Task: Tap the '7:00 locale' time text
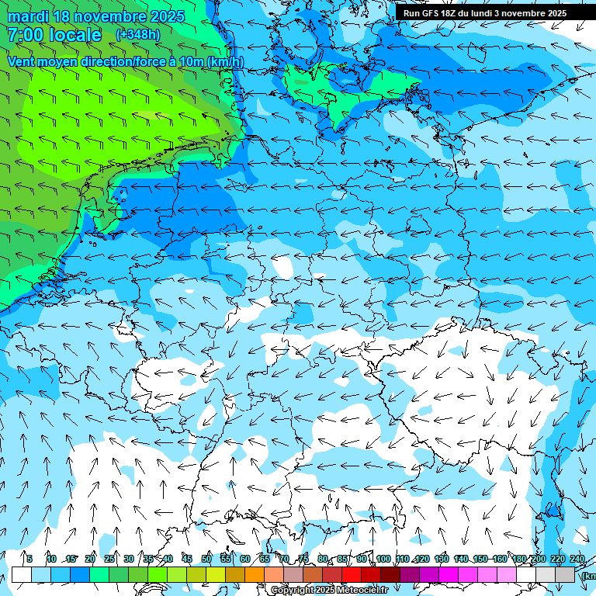[54, 35]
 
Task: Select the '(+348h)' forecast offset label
[138, 35]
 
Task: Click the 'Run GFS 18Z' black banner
[484, 13]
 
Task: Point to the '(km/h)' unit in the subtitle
[225, 62]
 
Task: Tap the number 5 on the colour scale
[29, 559]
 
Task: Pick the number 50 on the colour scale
[206, 559]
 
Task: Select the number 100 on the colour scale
[383, 559]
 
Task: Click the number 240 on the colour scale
[577, 559]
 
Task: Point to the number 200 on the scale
[538, 559]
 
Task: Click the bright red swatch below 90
[352, 574]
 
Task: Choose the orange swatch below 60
[235, 574]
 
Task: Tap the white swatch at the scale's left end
[22, 574]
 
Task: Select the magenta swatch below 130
[449, 574]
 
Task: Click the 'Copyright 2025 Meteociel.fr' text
[329, 591]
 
